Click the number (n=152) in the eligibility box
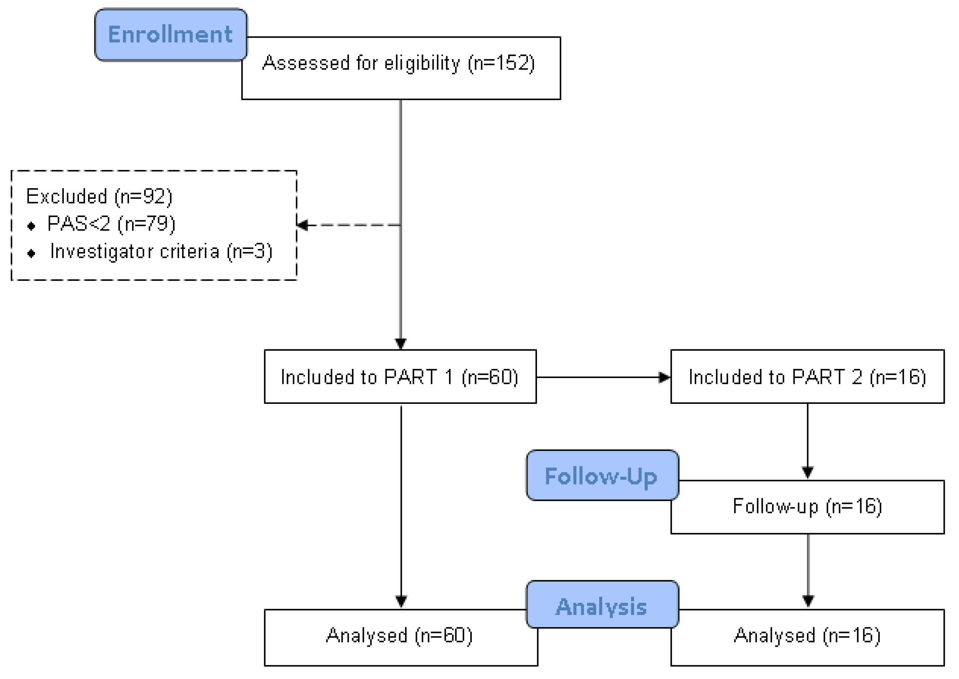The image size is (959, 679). coord(501,63)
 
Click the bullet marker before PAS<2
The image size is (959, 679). coord(31,226)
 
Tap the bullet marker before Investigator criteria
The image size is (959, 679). coord(31,253)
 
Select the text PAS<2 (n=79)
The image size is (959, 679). coord(111,224)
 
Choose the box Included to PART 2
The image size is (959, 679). coord(807,377)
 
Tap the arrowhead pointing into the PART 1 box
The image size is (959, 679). coord(401,344)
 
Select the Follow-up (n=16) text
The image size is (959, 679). coord(807,506)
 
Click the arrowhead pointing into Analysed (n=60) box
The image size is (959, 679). coord(401,601)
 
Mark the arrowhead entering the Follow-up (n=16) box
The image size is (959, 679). coord(808,472)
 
